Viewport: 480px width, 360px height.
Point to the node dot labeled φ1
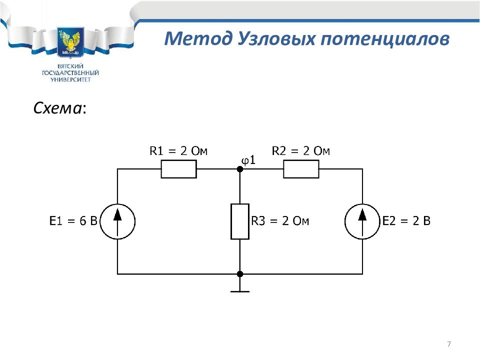[x=240, y=169]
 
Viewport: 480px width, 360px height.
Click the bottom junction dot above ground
[x=240, y=274]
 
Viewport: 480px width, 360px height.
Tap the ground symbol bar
[x=240, y=291]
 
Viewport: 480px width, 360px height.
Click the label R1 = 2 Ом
[x=178, y=151]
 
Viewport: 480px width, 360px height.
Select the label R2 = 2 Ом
[x=301, y=151]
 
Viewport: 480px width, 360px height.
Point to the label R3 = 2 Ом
[x=280, y=220]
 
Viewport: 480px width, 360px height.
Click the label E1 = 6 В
[x=73, y=220]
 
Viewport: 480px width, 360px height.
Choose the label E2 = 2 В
[x=406, y=220]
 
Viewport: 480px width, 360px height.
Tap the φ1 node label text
[x=248, y=160]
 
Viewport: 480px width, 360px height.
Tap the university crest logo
[x=70, y=42]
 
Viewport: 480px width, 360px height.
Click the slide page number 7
[x=449, y=344]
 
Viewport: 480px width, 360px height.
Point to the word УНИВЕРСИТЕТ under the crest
[x=70, y=80]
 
